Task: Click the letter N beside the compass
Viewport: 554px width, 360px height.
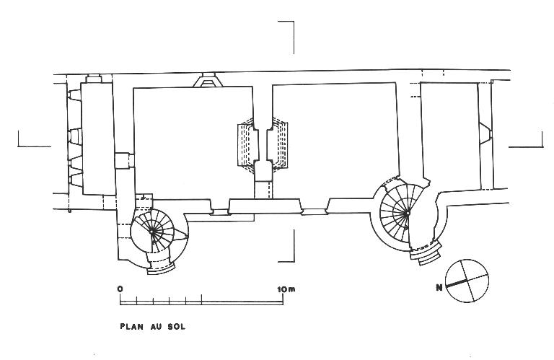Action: click(x=439, y=288)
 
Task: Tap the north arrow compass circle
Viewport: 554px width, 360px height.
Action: click(x=467, y=281)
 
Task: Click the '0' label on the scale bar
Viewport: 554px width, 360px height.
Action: click(x=120, y=289)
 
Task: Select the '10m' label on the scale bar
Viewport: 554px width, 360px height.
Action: click(x=286, y=289)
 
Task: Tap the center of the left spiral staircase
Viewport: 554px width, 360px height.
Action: click(x=152, y=232)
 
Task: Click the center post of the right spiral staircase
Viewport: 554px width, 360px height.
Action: click(x=408, y=214)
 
